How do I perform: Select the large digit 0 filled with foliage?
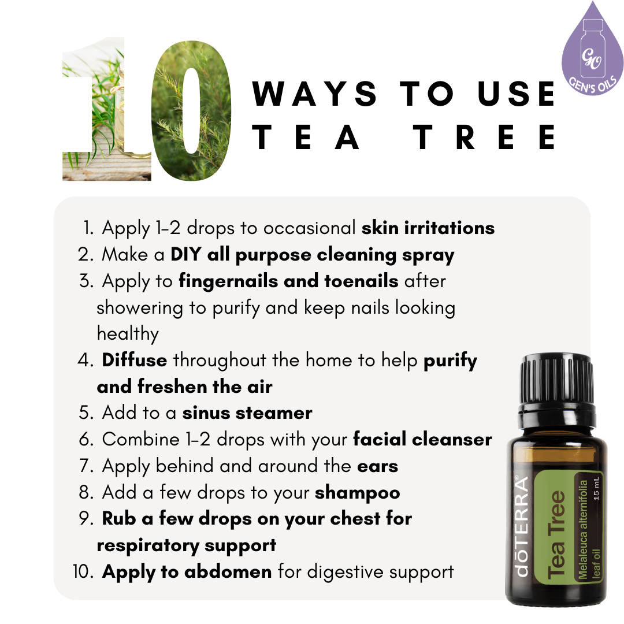coord(191,109)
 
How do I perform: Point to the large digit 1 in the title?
coord(107,110)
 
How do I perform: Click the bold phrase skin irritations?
coord(428,228)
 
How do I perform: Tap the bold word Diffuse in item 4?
coord(135,361)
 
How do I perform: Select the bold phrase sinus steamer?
coord(247,413)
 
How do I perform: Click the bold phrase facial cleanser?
coord(422,439)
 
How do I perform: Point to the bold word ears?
coord(377,466)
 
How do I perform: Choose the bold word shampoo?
coord(357,492)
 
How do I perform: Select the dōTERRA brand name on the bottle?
coord(522,526)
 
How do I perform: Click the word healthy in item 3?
coord(128,334)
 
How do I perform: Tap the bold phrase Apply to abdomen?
coord(187,572)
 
